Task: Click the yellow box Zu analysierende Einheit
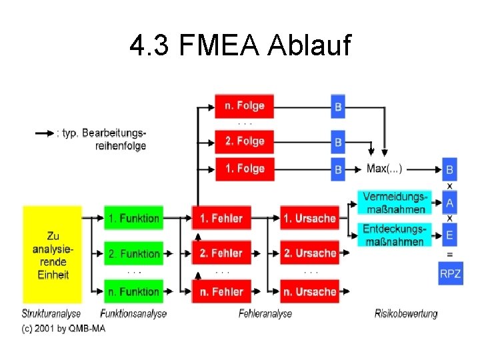(x=52, y=255)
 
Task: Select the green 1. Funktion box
(x=133, y=218)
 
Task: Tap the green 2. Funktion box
(x=133, y=254)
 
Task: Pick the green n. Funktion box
(x=133, y=291)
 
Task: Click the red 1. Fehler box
(x=221, y=218)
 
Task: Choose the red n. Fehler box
(x=221, y=291)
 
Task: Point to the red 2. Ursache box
(x=309, y=254)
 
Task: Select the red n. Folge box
(x=244, y=106)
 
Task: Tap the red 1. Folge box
(x=244, y=169)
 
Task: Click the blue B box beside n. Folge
(x=338, y=107)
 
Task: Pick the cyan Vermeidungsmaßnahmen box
(x=393, y=203)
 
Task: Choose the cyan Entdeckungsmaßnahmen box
(x=393, y=235)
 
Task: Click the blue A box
(x=450, y=203)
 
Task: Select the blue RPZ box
(x=450, y=273)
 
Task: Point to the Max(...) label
(x=385, y=169)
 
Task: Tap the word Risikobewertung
(x=405, y=313)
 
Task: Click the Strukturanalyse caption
(x=51, y=313)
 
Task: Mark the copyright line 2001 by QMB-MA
(x=63, y=328)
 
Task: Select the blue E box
(x=450, y=235)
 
